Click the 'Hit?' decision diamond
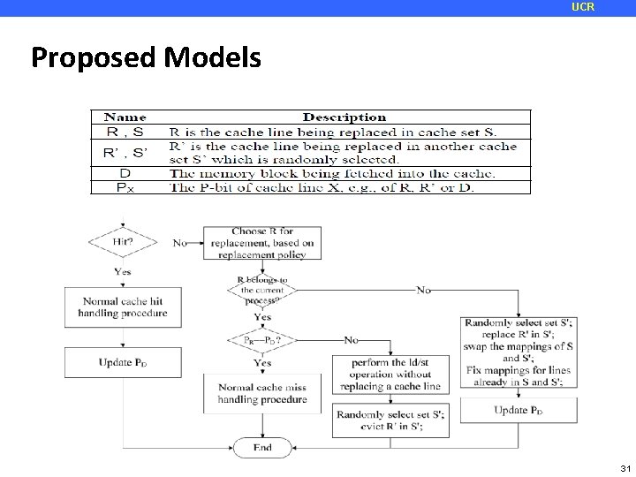click(x=122, y=240)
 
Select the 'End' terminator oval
click(x=262, y=448)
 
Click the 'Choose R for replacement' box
click(x=262, y=243)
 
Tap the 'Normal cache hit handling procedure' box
click(x=122, y=307)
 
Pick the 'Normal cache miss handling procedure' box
click(x=262, y=393)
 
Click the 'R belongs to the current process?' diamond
click(x=262, y=290)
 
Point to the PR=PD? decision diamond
click(x=262, y=340)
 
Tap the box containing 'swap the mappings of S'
click(x=518, y=352)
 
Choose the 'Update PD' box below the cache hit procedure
click(x=122, y=362)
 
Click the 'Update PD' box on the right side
click(x=518, y=410)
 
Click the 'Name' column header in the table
click(x=125, y=117)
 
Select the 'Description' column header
click(x=344, y=117)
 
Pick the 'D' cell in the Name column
click(x=125, y=174)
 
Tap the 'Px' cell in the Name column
click(x=125, y=186)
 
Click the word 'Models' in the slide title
click(x=212, y=58)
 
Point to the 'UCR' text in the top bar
click(x=583, y=7)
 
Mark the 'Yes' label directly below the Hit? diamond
click(x=122, y=271)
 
